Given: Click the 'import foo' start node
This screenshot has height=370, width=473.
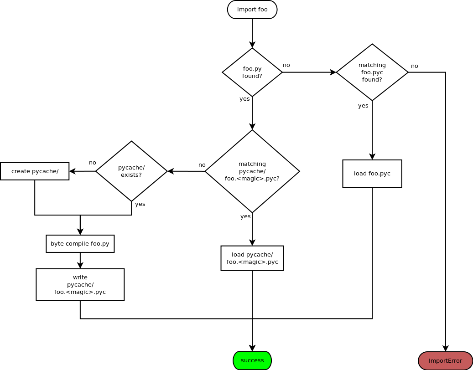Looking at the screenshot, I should click(x=252, y=10).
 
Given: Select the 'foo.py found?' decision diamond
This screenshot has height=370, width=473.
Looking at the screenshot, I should click(x=252, y=72).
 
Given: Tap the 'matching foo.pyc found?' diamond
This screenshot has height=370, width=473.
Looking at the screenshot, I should click(x=372, y=72).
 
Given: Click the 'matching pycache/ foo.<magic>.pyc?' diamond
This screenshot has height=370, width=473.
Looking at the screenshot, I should click(x=252, y=171).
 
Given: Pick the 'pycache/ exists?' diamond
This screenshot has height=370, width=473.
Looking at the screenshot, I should click(x=131, y=171).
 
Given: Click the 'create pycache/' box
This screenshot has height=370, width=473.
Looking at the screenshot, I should click(x=35, y=171).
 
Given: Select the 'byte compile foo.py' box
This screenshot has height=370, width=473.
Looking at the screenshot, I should click(x=80, y=244).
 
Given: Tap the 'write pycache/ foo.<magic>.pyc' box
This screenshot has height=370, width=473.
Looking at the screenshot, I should click(x=80, y=284).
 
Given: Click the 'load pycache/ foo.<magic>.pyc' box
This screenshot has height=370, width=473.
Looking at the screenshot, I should click(x=252, y=258).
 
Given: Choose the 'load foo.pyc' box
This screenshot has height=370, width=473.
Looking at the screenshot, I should click(x=372, y=174).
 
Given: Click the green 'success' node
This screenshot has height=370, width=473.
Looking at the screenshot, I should click(x=252, y=360).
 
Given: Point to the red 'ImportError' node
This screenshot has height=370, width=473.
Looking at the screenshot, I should click(x=445, y=361).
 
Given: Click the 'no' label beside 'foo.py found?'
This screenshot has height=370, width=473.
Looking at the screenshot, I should click(x=286, y=65).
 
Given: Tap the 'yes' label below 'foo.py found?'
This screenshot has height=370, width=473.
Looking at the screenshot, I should click(x=244, y=99).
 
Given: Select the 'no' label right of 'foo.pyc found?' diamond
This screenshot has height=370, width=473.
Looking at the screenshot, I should click(x=414, y=66).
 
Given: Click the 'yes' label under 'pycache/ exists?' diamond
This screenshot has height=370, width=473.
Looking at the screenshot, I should click(x=140, y=204).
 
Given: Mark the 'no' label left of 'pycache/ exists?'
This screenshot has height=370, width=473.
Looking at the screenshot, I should click(x=93, y=163).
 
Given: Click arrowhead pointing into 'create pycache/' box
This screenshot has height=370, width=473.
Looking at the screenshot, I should click(x=72, y=171).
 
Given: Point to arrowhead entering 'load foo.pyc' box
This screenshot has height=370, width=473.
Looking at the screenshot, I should click(x=372, y=157).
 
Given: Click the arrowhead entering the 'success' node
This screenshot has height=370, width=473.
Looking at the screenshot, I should click(x=252, y=348).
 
